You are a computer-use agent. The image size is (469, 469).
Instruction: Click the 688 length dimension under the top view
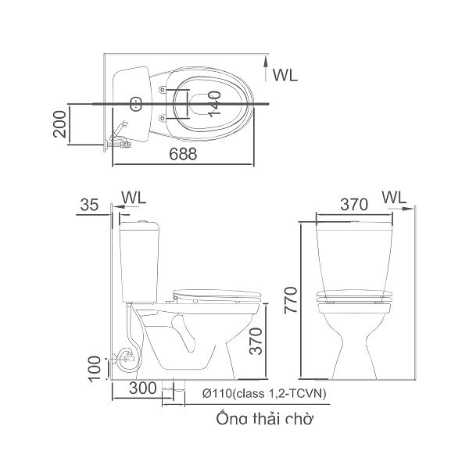click(x=182, y=155)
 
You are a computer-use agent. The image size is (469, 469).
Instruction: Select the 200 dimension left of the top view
click(x=59, y=124)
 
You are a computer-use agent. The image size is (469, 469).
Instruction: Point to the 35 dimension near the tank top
click(x=90, y=206)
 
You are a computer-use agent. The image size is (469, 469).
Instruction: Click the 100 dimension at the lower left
click(x=95, y=367)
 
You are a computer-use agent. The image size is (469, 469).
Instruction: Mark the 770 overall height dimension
click(x=291, y=298)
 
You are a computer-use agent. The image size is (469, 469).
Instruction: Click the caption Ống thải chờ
click(x=265, y=420)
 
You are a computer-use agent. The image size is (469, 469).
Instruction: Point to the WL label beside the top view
click(x=285, y=75)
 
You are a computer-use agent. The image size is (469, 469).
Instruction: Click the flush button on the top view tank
click(x=134, y=102)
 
